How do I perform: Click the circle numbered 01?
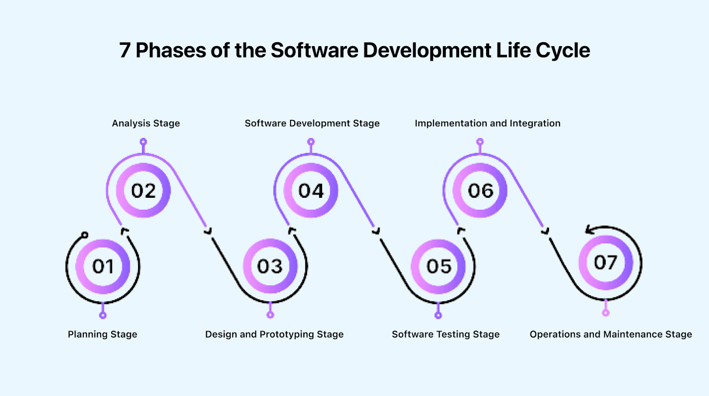click(103, 267)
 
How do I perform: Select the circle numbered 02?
click(143, 191)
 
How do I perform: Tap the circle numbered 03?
click(270, 267)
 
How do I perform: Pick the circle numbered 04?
click(311, 191)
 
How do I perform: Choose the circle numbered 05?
click(439, 267)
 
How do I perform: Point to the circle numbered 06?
click(480, 191)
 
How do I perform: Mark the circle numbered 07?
click(605, 263)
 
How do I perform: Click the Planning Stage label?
click(102, 334)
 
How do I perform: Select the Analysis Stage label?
click(146, 123)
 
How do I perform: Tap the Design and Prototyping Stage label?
click(274, 334)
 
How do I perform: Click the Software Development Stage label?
click(312, 123)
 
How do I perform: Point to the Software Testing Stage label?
click(445, 334)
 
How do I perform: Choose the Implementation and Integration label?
click(487, 123)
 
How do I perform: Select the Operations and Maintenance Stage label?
click(611, 334)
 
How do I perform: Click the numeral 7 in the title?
click(125, 51)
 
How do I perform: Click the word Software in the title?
click(314, 51)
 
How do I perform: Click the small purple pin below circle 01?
click(103, 315)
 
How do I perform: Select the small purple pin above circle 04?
click(311, 142)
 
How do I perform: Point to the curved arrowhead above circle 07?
click(590, 229)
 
